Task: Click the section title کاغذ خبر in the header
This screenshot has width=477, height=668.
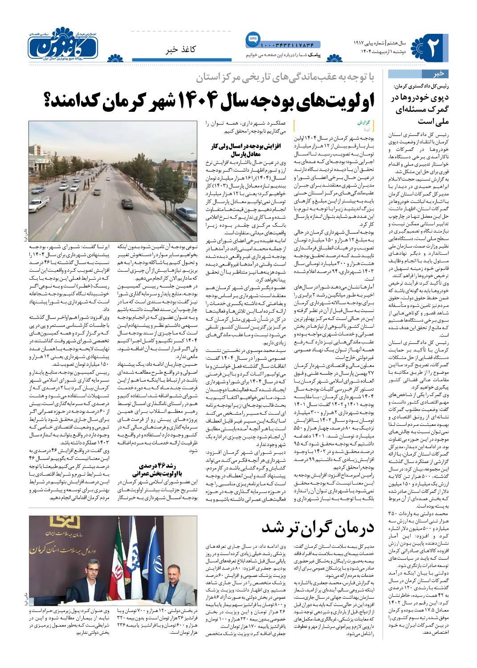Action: (184, 49)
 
